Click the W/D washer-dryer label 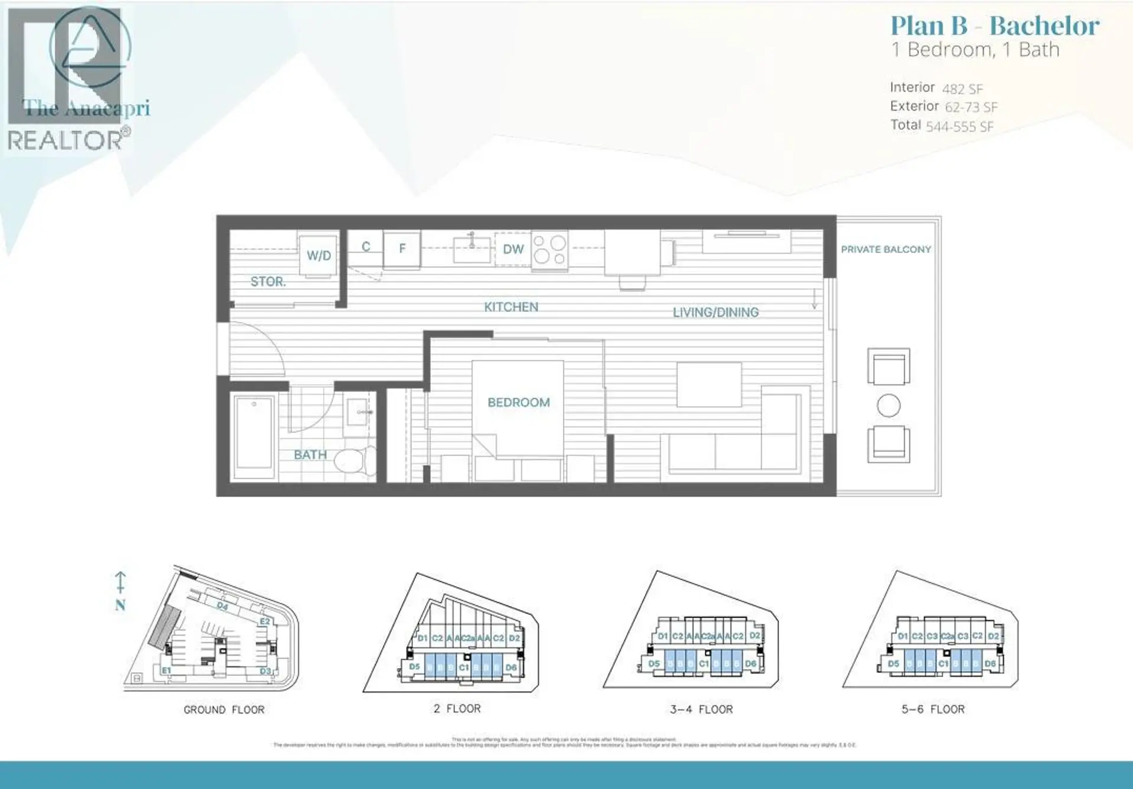(x=319, y=256)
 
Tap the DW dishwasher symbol (x=513, y=249)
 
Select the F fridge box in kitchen (x=402, y=249)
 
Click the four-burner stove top (x=549, y=250)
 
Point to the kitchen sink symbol (x=471, y=250)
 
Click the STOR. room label (x=268, y=281)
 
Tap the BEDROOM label (x=518, y=402)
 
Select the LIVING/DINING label (x=715, y=312)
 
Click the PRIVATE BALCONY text (x=886, y=250)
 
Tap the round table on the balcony (x=888, y=405)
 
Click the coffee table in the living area (x=709, y=385)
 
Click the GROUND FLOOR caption (x=224, y=709)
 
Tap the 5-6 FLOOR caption (x=932, y=709)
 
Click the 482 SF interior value (x=962, y=89)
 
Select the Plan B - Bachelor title (x=994, y=26)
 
